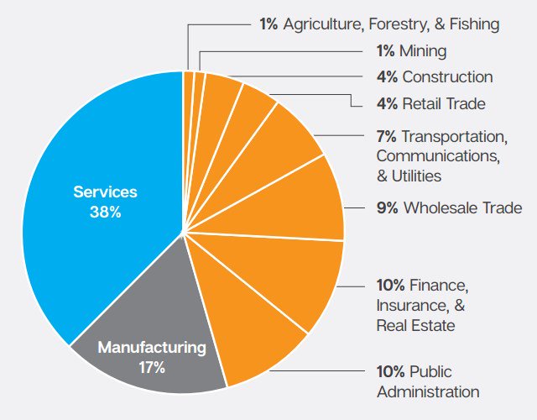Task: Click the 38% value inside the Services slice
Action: [x=105, y=213]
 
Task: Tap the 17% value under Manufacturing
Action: [x=152, y=367]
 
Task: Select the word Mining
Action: [x=425, y=50]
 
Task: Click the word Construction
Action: [x=447, y=77]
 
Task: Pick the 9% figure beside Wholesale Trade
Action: [x=387, y=207]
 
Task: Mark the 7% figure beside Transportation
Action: [x=387, y=136]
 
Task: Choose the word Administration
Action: [x=428, y=391]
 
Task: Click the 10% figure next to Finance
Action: [x=391, y=284]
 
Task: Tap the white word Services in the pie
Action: [x=105, y=192]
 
